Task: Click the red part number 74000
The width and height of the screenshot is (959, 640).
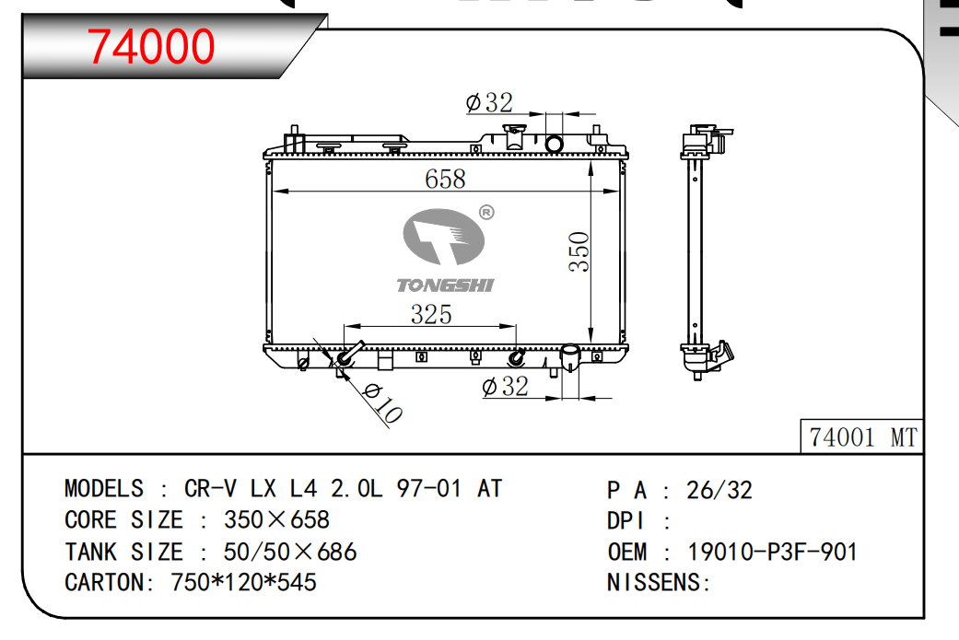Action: [x=151, y=46]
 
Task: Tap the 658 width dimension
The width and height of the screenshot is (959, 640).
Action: [x=445, y=179]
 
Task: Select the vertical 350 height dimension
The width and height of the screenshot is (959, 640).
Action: [x=579, y=251]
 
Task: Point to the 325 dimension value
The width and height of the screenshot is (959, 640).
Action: [x=431, y=314]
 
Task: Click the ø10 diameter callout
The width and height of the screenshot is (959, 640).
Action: [x=383, y=402]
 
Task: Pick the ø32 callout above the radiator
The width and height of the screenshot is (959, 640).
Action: [x=489, y=103]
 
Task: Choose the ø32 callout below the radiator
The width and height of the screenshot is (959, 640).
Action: [x=505, y=387]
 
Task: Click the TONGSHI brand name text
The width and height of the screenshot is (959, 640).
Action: [x=445, y=285]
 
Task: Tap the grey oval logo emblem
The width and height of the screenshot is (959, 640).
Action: [x=443, y=237]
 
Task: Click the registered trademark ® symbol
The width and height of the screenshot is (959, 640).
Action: [x=486, y=213]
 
